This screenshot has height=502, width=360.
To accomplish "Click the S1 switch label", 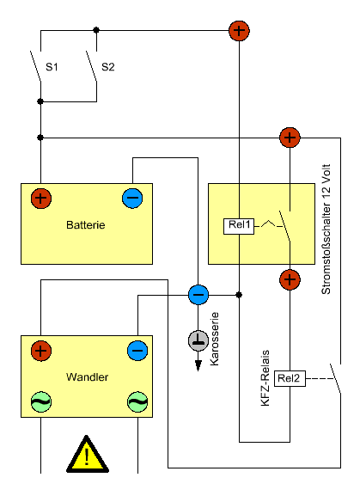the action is tap(52, 67).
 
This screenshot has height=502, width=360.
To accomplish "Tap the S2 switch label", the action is tap(108, 67).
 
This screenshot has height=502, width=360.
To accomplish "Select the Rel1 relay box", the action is tap(239, 226).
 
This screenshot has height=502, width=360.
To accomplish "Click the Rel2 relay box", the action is tap(290, 378).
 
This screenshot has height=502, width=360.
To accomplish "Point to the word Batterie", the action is tap(86, 224).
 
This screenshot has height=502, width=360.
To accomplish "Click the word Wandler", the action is tap(87, 377).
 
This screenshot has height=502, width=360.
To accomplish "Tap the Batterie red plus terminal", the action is tap(41, 199).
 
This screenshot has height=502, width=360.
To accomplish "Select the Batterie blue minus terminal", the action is tap(132, 199).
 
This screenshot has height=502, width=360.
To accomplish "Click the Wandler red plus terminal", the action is tap(41, 351).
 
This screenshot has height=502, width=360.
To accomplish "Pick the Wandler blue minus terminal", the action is tap(137, 351).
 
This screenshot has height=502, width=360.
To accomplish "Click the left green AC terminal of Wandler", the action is tap(41, 401).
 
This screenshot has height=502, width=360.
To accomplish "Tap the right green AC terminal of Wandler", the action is tap(137, 401).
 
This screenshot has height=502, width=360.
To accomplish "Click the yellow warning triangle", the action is tap(87, 455).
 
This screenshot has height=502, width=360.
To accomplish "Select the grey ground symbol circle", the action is tap(198, 340).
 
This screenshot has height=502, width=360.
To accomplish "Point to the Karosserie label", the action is tap(214, 339).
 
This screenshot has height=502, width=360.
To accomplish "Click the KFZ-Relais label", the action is tap(265, 378).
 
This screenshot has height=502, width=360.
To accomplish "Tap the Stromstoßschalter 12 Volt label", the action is tap(326, 230).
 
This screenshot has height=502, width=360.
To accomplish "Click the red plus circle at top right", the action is tap(239, 31).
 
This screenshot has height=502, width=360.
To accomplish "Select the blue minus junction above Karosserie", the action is tap(198, 295).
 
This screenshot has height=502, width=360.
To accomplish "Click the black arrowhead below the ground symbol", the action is tap(198, 365).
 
